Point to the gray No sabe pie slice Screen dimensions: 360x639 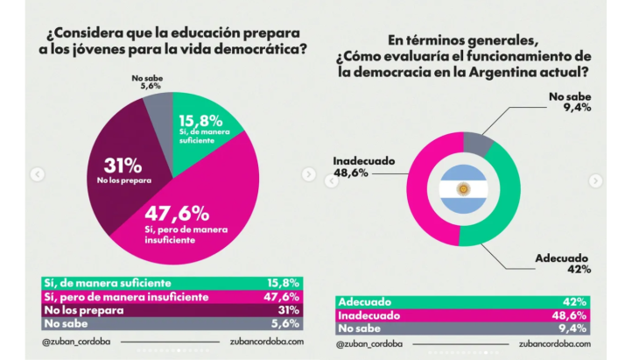pyautogui.click(x=158, y=106)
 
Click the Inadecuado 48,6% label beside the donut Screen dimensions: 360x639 pyautogui.click(x=362, y=166)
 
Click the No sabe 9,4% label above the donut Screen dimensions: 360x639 pyautogui.click(x=568, y=102)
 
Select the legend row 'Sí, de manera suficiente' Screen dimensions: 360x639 pyautogui.click(x=172, y=283)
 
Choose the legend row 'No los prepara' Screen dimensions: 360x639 pyautogui.click(x=172, y=308)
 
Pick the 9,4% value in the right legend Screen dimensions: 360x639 pyautogui.click(x=576, y=328)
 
